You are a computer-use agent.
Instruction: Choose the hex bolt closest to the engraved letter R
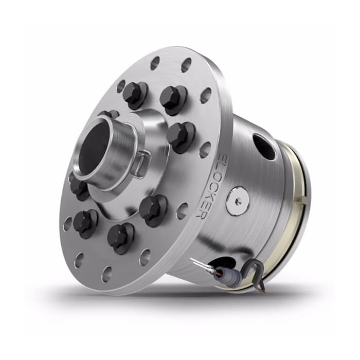click(x=153, y=208)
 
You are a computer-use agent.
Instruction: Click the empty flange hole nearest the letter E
click(x=205, y=149)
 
